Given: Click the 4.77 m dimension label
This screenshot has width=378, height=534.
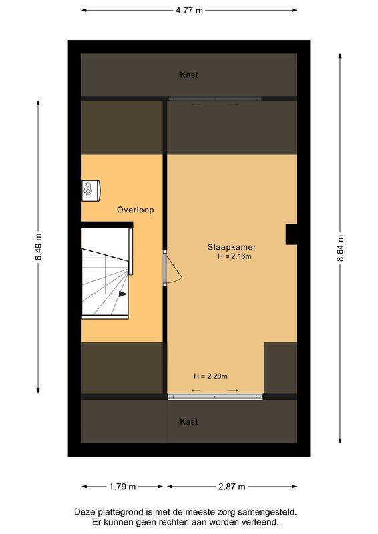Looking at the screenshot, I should pos(189,11).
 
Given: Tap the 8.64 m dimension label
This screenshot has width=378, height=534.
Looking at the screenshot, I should pos(340,248).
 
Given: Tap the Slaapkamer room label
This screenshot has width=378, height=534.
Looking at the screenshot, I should pos(232,246).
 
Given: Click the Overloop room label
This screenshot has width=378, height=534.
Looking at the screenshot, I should pos(136,210).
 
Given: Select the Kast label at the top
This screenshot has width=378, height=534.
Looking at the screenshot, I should pos(189,75).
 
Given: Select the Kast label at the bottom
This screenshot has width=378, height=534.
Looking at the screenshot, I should pos(189,422).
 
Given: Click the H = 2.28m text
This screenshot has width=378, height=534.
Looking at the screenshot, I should pos(210,376).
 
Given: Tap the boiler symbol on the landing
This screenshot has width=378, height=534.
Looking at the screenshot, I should pos(90,190).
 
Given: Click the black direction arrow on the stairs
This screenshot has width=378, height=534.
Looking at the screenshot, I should pos(123,293).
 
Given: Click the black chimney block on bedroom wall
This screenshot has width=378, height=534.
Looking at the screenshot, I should pos(291,234).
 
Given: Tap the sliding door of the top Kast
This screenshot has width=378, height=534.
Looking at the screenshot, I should pos(214,99).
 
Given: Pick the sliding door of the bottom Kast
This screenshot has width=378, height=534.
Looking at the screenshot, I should pos(215,396).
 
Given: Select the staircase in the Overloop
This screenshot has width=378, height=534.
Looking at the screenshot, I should pos(105,274).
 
